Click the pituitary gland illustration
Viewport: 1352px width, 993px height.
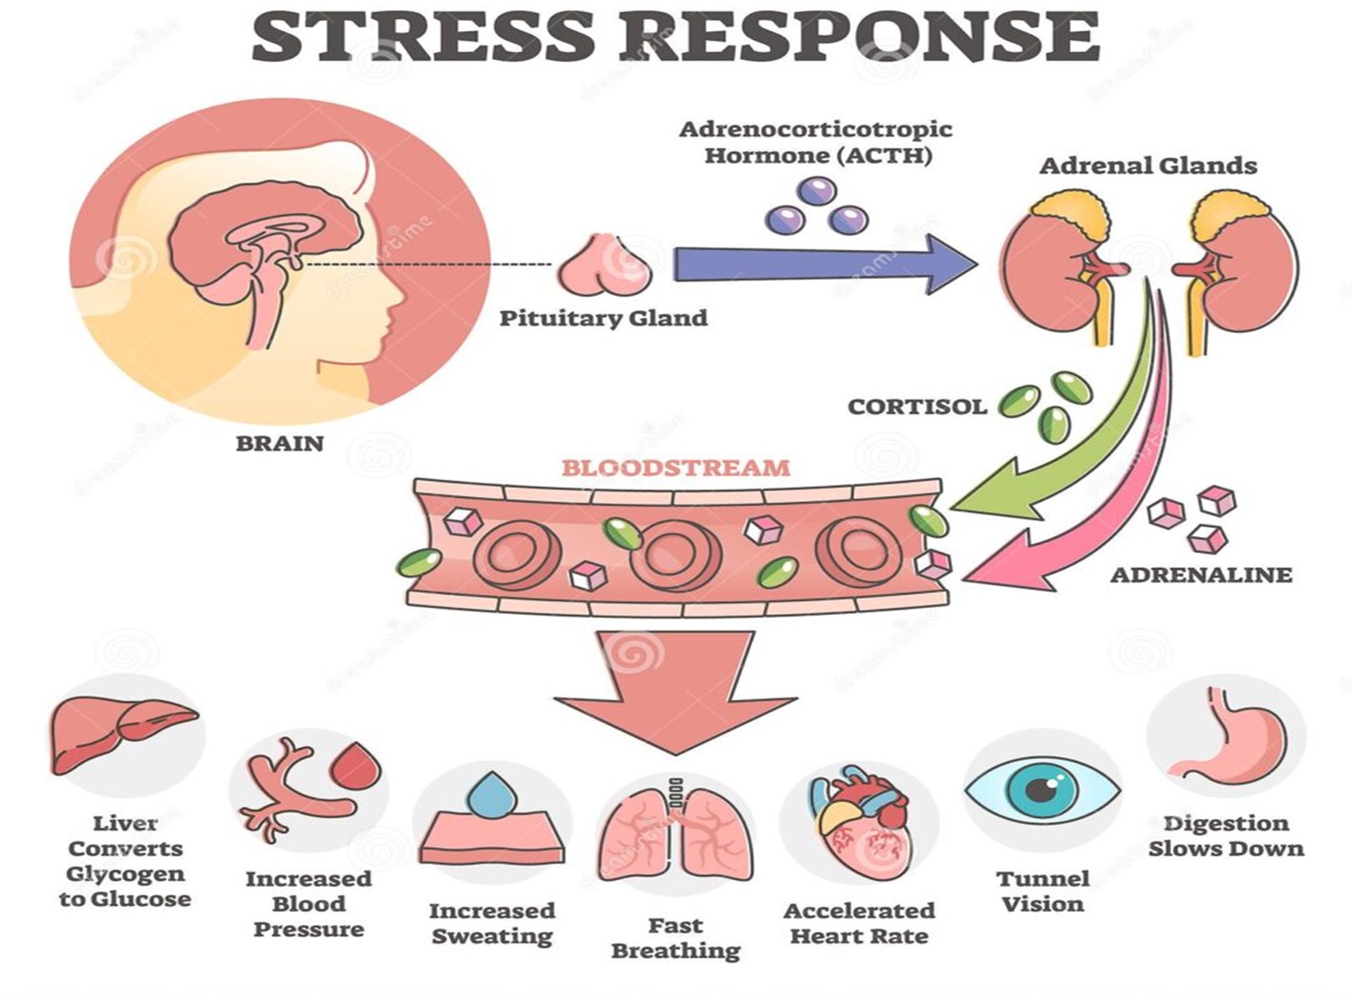[x=604, y=267]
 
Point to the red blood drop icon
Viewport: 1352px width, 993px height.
[x=357, y=766]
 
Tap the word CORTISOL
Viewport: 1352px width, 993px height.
[x=917, y=407]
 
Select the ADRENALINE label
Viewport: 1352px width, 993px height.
[x=1201, y=575]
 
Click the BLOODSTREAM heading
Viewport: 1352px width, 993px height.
[x=675, y=467]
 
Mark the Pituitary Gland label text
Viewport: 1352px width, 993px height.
[x=603, y=318]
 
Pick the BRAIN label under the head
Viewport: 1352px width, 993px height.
[x=279, y=443]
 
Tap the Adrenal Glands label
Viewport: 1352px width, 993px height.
[x=1148, y=166]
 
